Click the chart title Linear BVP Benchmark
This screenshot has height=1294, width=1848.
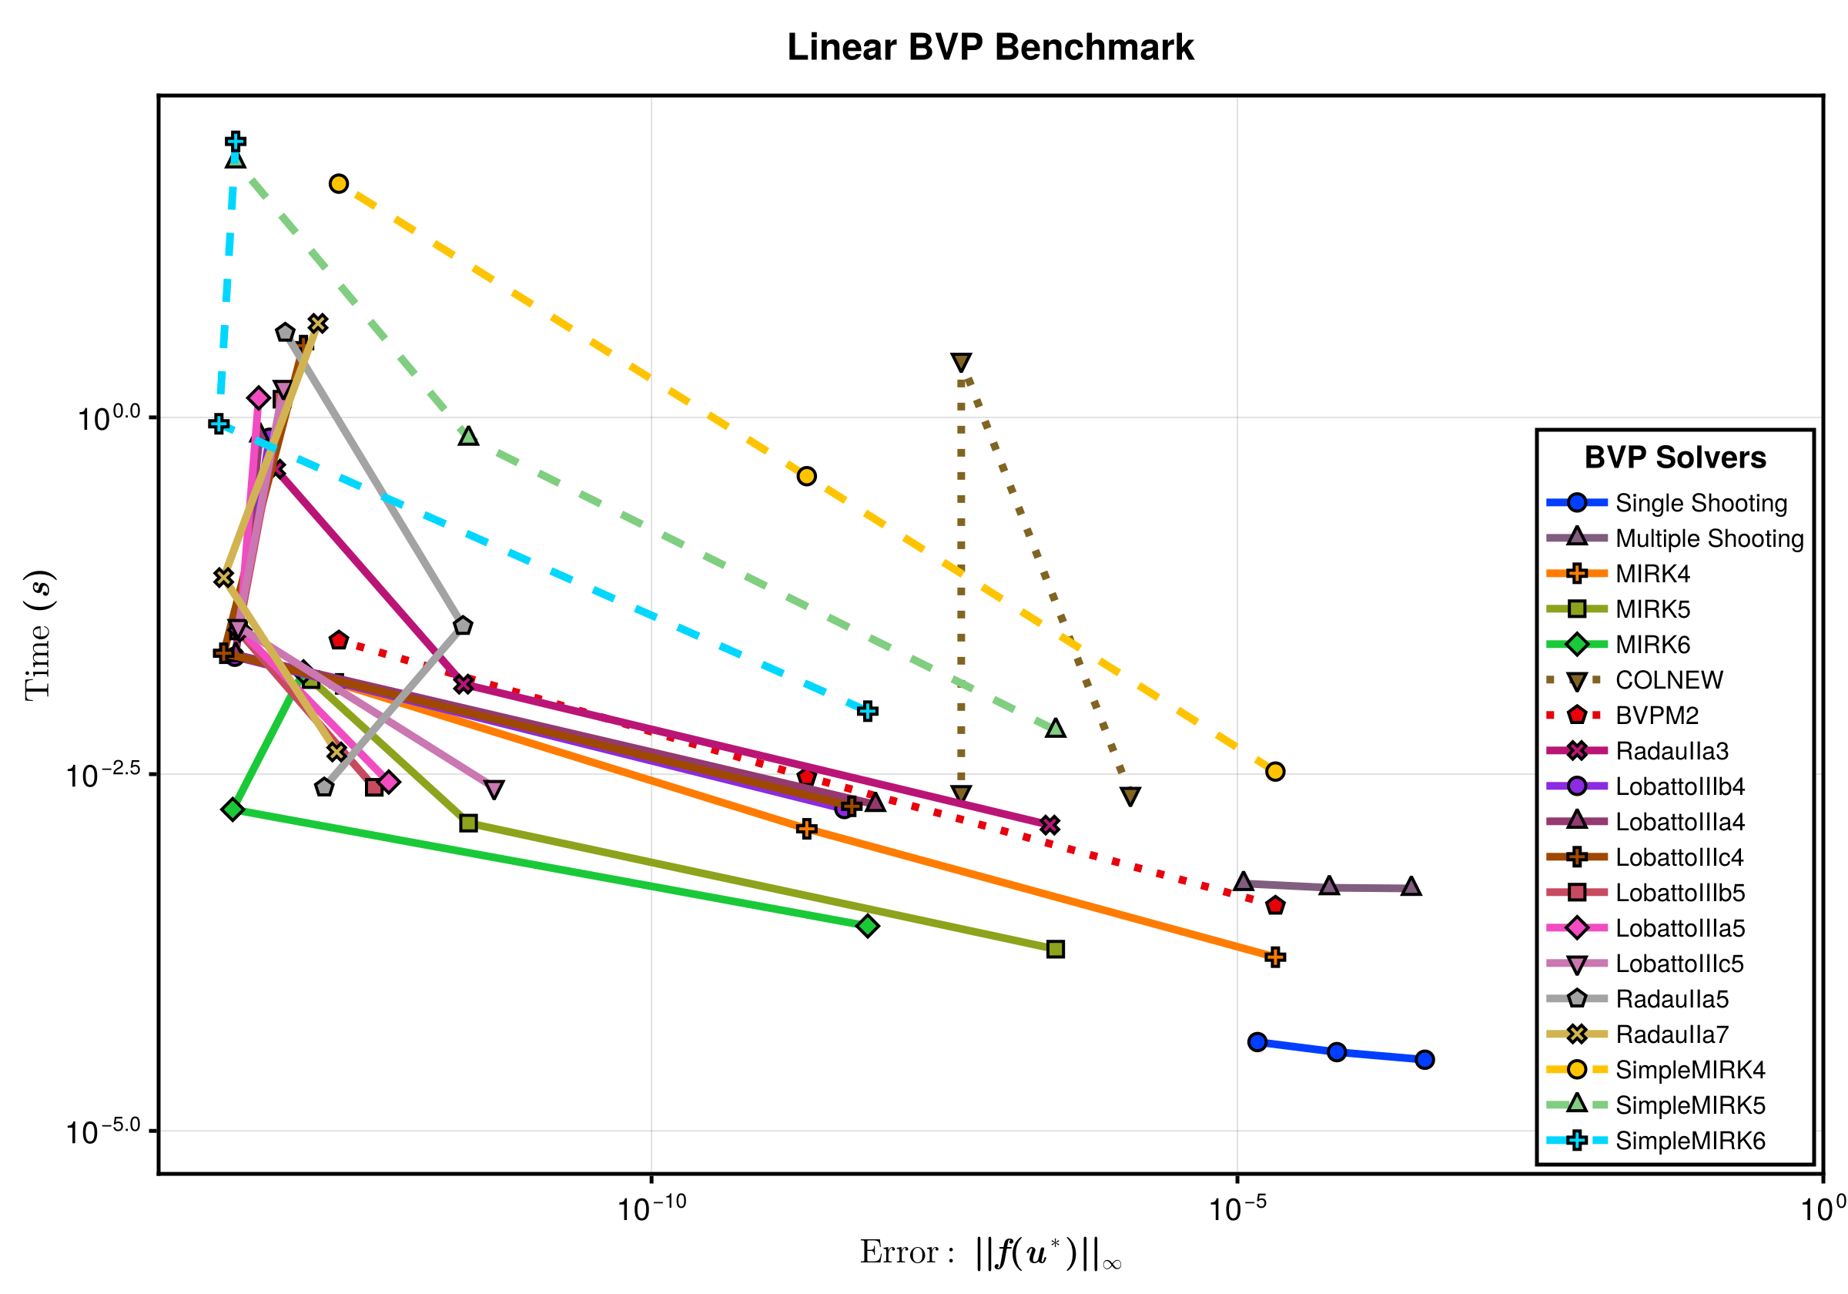pyautogui.click(x=990, y=48)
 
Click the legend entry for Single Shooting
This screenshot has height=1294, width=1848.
pyautogui.click(x=1700, y=503)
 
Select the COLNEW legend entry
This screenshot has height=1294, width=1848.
pyautogui.click(x=1669, y=680)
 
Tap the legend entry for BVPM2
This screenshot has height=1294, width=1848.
pyautogui.click(x=1656, y=716)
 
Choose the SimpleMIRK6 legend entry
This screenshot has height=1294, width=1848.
pyautogui.click(x=1689, y=1141)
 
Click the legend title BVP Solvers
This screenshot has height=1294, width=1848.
pyautogui.click(x=1675, y=458)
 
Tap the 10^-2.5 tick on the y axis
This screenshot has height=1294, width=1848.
pyautogui.click(x=103, y=776)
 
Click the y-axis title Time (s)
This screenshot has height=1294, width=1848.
pyautogui.click(x=38, y=635)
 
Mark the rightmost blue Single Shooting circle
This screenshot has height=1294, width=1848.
pyautogui.click(x=1424, y=1060)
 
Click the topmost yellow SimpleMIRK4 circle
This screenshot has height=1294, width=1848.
pyautogui.click(x=339, y=183)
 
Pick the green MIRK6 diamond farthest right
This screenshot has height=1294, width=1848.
pyautogui.click(x=867, y=926)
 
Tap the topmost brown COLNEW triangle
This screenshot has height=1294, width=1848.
pyautogui.click(x=960, y=362)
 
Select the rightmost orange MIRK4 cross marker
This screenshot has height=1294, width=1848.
pyautogui.click(x=1274, y=957)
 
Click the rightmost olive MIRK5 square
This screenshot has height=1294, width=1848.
pyautogui.click(x=1055, y=950)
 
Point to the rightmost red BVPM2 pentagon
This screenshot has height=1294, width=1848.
pyautogui.click(x=1274, y=906)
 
